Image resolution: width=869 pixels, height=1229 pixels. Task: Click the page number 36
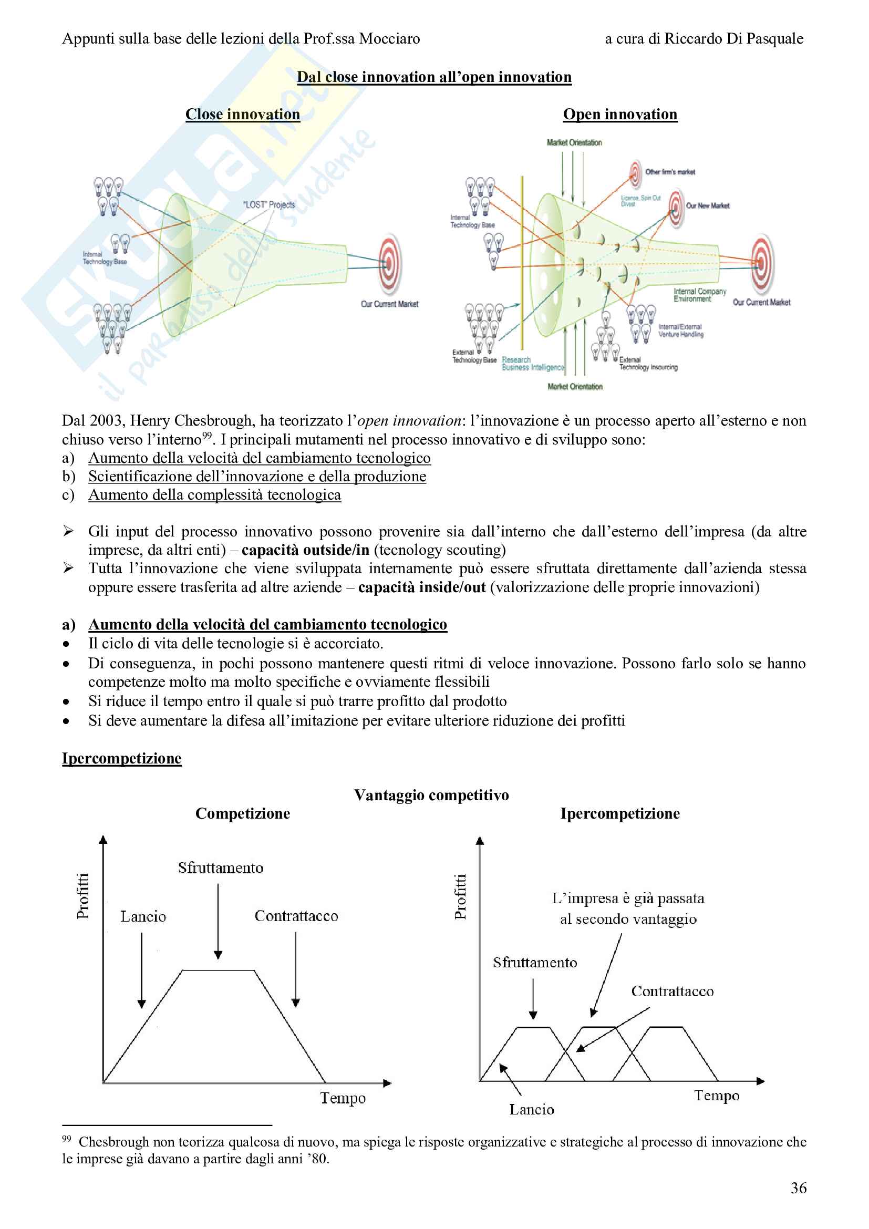[799, 1188]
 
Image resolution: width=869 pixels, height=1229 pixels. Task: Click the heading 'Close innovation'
[242, 114]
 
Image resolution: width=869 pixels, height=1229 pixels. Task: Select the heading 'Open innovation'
[619, 114]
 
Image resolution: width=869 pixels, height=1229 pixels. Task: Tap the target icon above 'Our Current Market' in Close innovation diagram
[389, 264]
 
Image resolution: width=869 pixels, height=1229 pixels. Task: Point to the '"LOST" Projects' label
[268, 204]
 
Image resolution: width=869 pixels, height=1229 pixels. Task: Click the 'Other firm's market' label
[670, 172]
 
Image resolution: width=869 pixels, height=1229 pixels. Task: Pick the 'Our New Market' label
[707, 205]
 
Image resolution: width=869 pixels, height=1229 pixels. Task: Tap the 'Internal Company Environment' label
[699, 295]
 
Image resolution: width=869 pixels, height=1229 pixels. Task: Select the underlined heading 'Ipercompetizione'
[121, 758]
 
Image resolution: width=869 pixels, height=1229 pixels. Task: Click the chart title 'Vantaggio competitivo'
[431, 795]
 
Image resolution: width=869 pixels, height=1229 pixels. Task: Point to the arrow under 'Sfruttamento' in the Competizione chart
[218, 921]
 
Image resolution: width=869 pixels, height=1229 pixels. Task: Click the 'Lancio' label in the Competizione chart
[143, 916]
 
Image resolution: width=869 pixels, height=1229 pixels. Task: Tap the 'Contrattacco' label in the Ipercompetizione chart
[672, 992]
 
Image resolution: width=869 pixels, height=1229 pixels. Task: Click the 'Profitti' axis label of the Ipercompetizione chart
[460, 896]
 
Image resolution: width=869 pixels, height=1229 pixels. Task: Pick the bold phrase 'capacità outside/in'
[305, 550]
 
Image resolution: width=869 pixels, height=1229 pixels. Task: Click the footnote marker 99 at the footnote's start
[66, 1139]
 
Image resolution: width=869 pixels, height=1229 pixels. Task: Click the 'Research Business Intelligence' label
[532, 364]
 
